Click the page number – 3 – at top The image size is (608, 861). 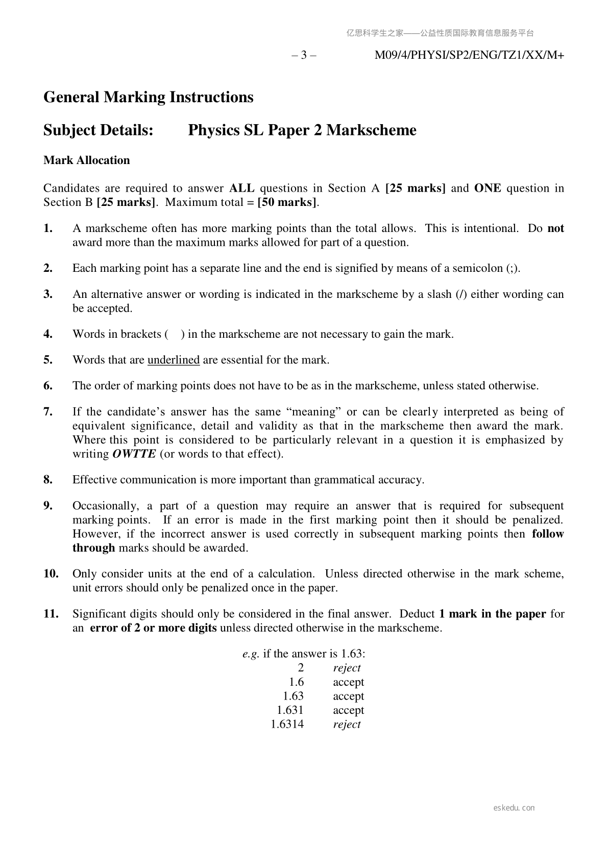pyautogui.click(x=304, y=55)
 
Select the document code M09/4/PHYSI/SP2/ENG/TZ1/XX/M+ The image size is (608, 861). pyautogui.click(x=469, y=55)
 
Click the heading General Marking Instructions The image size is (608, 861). pyautogui.click(x=148, y=97)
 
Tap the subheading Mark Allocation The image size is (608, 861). pyautogui.click(x=87, y=160)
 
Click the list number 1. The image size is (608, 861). pyautogui.click(x=48, y=228)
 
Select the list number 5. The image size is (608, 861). pyautogui.click(x=48, y=360)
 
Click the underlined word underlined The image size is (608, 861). pyautogui.click(x=173, y=360)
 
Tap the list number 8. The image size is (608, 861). pyautogui.click(x=48, y=480)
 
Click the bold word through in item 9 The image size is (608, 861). pyautogui.click(x=93, y=548)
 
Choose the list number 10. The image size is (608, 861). pyautogui.click(x=51, y=574)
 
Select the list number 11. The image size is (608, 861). pyautogui.click(x=51, y=614)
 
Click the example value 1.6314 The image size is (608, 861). pyautogui.click(x=287, y=725)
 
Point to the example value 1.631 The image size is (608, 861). pyautogui.click(x=290, y=710)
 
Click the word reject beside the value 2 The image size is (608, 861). pyautogui.click(x=347, y=668)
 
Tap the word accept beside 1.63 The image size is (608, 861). pyautogui.click(x=348, y=696)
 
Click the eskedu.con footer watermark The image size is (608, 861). pyautogui.click(x=514, y=808)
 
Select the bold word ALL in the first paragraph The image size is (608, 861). pyautogui.click(x=242, y=189)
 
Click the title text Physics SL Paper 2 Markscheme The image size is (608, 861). pyautogui.click(x=302, y=130)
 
